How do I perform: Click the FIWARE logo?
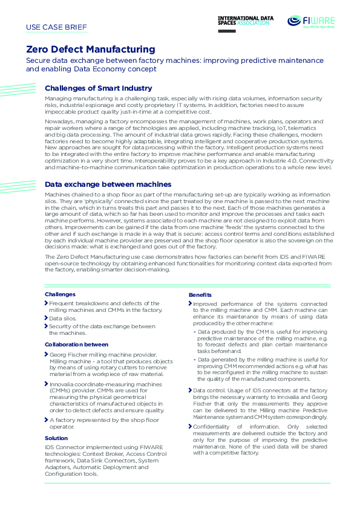[x=311, y=22]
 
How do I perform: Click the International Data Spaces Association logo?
[x=246, y=23]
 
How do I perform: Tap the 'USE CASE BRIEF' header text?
[x=57, y=27]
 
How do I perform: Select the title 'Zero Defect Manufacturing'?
[x=90, y=50]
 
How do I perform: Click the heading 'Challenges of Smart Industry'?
[x=99, y=88]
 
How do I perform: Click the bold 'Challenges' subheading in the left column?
[x=60, y=294]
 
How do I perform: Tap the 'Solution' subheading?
[x=56, y=438]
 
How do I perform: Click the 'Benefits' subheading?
[x=200, y=294]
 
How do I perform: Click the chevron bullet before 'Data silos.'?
[x=47, y=318]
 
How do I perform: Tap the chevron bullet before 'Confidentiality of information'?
[x=190, y=427]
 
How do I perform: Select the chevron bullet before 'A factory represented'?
[x=47, y=420]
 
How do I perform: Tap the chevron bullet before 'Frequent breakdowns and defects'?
[x=47, y=303]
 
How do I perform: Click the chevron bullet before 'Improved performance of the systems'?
[x=190, y=303]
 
